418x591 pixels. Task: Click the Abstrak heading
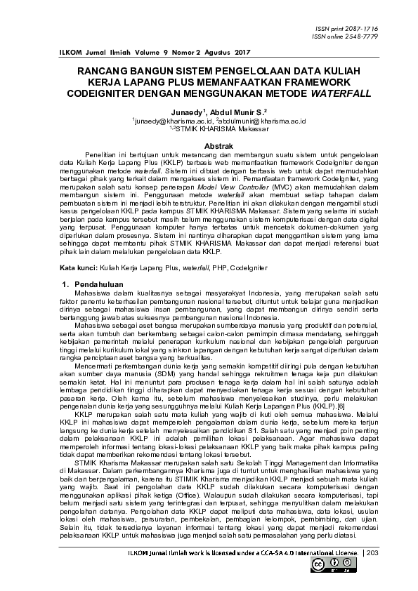pyautogui.click(x=209, y=145)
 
